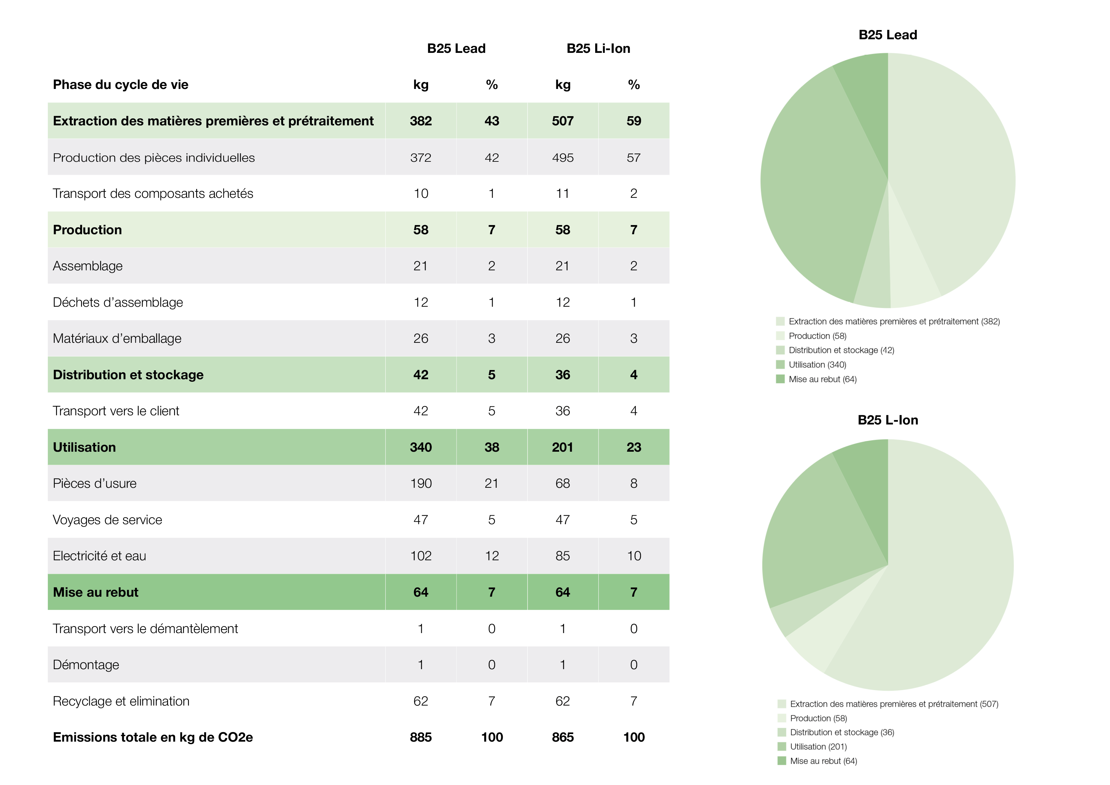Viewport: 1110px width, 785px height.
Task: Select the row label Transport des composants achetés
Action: (153, 193)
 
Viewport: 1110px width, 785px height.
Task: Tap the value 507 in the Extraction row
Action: (562, 121)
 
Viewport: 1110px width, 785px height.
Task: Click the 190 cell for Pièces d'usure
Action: (421, 483)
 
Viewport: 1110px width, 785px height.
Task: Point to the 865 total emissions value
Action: (562, 737)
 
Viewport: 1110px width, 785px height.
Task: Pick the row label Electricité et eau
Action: (100, 556)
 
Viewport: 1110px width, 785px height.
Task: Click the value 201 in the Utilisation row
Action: (562, 447)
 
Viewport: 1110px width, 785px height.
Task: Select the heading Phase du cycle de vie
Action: (120, 85)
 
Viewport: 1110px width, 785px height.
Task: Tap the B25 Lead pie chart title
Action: (888, 35)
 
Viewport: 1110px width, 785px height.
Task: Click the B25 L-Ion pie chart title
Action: (888, 420)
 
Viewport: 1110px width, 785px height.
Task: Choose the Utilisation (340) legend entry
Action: (817, 365)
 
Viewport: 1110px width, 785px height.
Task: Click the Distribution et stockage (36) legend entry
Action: (842, 732)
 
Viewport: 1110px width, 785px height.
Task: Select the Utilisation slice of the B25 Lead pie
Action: (817, 193)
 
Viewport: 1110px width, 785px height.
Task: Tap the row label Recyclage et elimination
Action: (121, 701)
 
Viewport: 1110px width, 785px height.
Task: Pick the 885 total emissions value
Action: (421, 737)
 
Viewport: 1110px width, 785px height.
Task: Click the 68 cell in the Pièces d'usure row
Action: (562, 483)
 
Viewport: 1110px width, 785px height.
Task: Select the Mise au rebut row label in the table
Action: (96, 592)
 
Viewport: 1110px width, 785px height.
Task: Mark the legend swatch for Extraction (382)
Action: (780, 321)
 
